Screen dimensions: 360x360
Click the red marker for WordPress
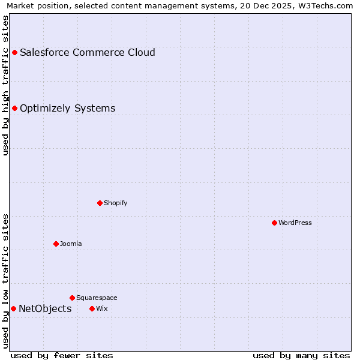(x=274, y=223)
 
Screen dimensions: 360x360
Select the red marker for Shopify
(x=100, y=203)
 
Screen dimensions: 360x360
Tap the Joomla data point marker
(x=56, y=244)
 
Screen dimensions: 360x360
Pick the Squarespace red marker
(x=72, y=298)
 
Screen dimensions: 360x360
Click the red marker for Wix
(x=92, y=308)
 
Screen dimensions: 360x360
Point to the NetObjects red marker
(x=13, y=308)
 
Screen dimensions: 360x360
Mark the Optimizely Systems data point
(x=14, y=108)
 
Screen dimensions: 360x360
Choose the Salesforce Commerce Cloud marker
(x=14, y=52)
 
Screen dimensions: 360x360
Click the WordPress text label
(x=295, y=223)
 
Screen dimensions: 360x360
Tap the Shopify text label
(x=116, y=203)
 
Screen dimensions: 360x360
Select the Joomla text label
(x=71, y=244)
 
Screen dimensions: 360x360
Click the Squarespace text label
(x=97, y=298)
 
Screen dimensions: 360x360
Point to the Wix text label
(x=101, y=308)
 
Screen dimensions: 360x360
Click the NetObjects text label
(x=45, y=308)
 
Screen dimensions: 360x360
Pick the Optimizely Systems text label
(x=67, y=108)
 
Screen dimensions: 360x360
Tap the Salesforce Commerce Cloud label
(x=87, y=52)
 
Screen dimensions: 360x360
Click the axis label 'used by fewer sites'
(x=62, y=355)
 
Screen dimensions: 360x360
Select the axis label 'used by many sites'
(x=301, y=355)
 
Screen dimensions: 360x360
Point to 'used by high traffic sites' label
(x=6, y=85)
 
